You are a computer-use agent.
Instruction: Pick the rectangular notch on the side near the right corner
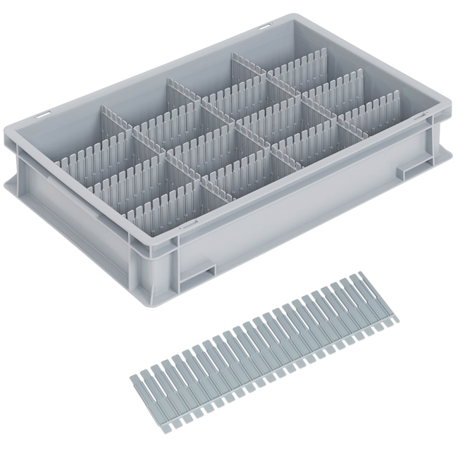coord(413,169)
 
